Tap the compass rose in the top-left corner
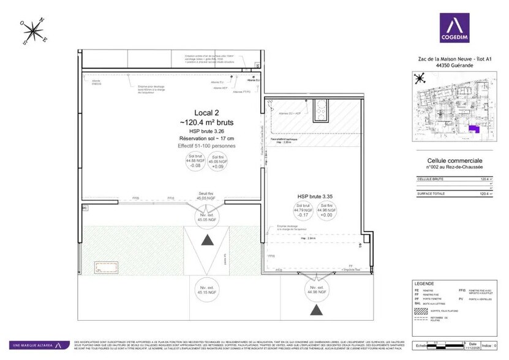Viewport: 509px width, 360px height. pyautogui.click(x=34, y=31)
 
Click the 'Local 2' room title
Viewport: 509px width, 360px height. pyautogui.click(x=207, y=113)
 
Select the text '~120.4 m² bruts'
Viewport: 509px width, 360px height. pyautogui.click(x=207, y=122)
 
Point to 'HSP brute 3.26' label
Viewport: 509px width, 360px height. pyautogui.click(x=207, y=131)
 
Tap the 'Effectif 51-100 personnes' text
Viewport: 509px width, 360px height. pyautogui.click(x=207, y=146)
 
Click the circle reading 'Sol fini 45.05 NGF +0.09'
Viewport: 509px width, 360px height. pyautogui.click(x=219, y=162)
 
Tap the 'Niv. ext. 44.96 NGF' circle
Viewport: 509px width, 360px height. pyautogui.click(x=316, y=289)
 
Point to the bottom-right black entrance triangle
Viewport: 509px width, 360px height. pyautogui.click(x=316, y=310)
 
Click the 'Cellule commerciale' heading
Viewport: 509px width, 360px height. pyautogui.click(x=452, y=160)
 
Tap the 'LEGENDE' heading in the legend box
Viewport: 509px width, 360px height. pyautogui.click(x=424, y=284)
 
